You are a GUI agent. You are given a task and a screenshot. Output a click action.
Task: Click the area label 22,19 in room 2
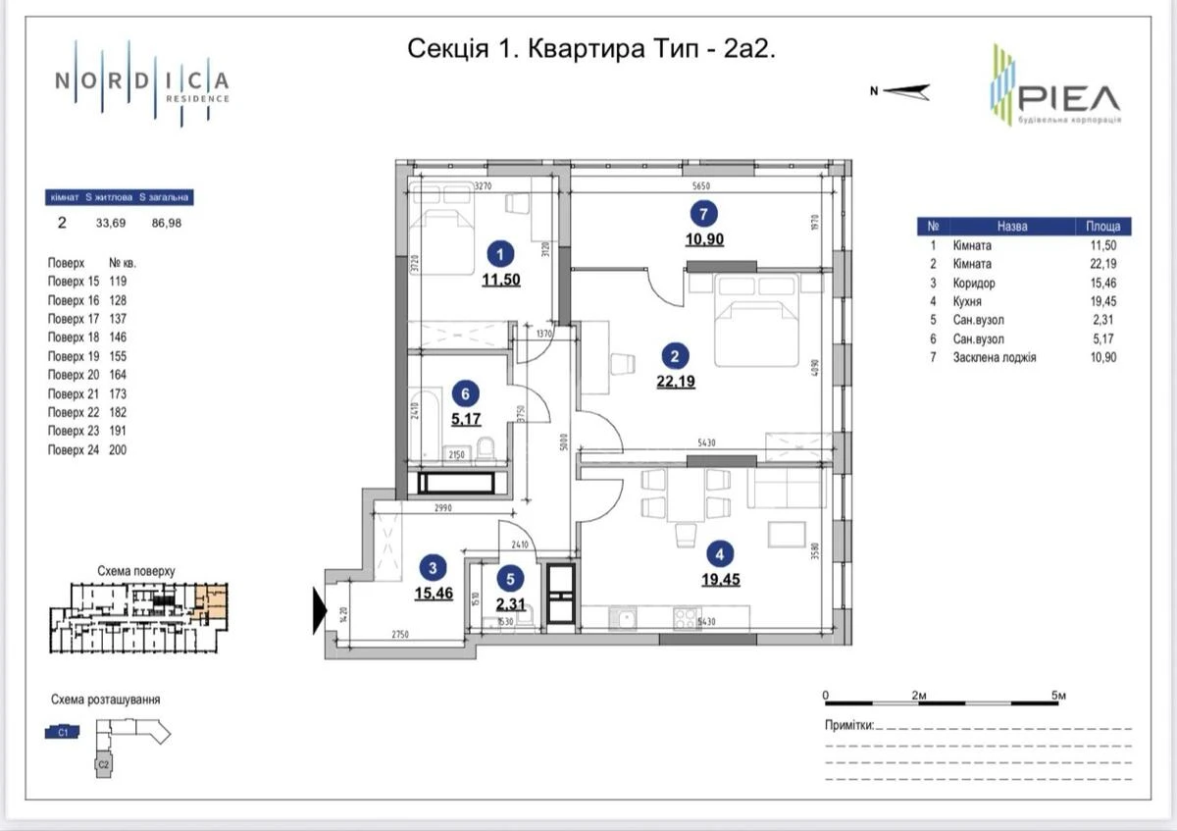676,382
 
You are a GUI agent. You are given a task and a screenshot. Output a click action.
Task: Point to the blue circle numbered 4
720,554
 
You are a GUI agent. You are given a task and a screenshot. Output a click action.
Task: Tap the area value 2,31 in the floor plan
510,604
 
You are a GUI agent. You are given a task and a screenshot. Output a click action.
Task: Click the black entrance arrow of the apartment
319,609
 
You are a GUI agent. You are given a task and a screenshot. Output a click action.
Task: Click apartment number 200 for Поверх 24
119,449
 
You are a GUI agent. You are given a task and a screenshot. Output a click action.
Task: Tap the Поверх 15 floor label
73,281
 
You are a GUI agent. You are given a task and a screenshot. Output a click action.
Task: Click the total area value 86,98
167,223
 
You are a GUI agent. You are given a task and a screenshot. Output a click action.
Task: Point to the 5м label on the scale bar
1058,695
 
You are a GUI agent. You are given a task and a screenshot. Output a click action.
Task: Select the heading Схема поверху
136,569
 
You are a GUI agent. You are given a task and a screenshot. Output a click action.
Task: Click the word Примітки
848,725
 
